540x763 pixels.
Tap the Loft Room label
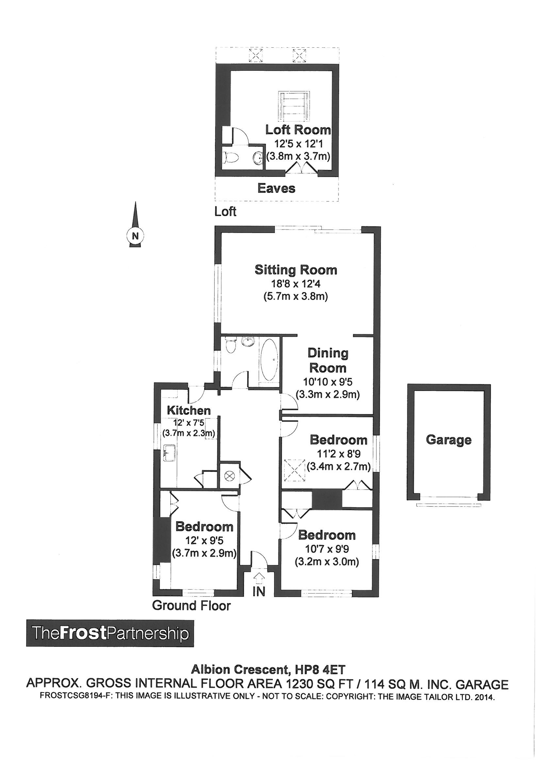pyautogui.click(x=298, y=130)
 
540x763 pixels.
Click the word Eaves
pyautogui.click(x=276, y=188)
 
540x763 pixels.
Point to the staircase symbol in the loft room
pyautogui.click(x=293, y=107)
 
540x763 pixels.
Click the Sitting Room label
pyautogui.click(x=296, y=270)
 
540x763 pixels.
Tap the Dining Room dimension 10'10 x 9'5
pyautogui.click(x=327, y=382)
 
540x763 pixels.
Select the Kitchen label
pyautogui.click(x=188, y=410)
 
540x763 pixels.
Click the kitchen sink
pyautogui.click(x=170, y=453)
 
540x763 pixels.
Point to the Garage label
pyautogui.click(x=449, y=440)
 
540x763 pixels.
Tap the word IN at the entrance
pyautogui.click(x=259, y=591)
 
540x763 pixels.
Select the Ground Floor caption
pyautogui.click(x=191, y=606)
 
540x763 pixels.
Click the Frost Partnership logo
pyautogui.click(x=110, y=633)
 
